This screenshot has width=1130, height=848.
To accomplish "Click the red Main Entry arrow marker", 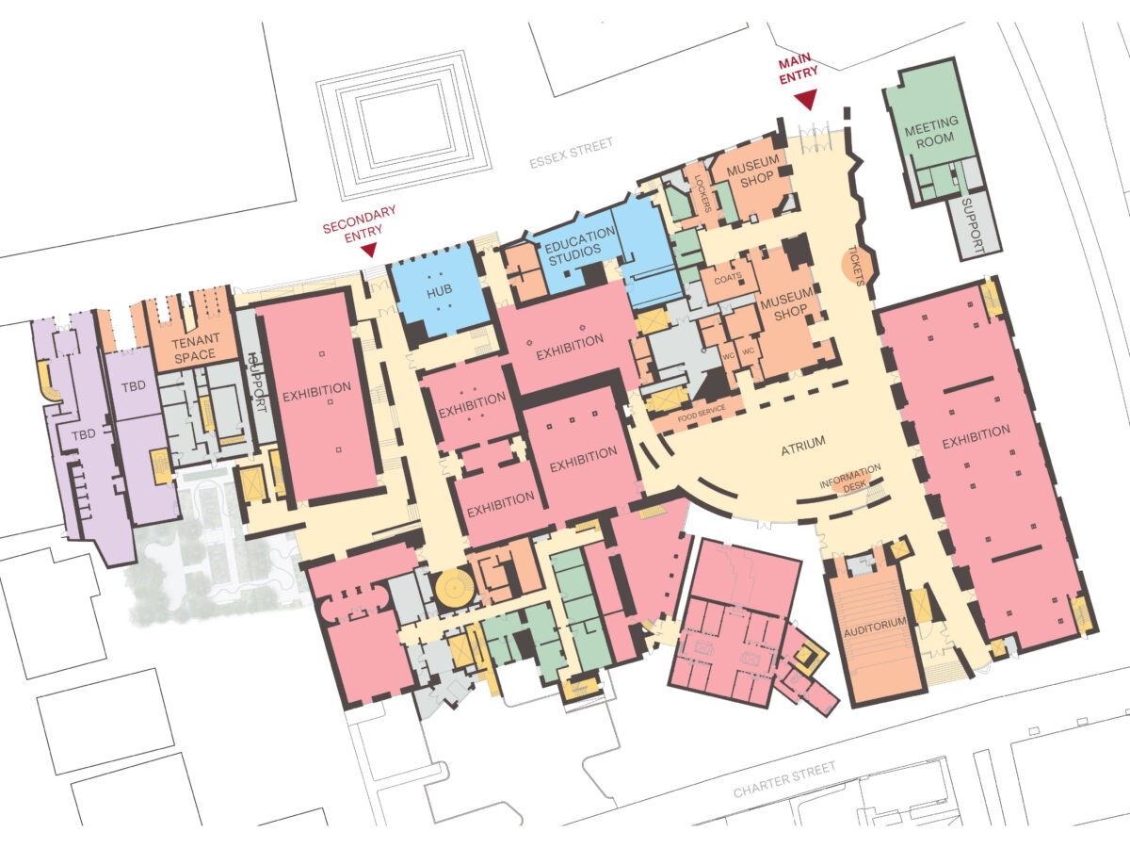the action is [x=806, y=100].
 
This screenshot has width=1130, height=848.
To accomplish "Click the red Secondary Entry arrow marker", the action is [x=368, y=251].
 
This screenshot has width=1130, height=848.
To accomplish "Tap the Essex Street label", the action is [x=571, y=153].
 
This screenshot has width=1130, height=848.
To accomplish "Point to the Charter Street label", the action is [x=784, y=780].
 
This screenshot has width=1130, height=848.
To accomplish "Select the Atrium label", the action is [x=803, y=446].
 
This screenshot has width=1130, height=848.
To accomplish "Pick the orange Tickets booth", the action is [x=857, y=265].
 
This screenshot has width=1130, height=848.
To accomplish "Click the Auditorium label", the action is [x=875, y=628].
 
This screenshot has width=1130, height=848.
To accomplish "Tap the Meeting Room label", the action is [x=932, y=132].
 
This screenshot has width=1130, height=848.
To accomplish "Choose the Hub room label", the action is [x=439, y=292].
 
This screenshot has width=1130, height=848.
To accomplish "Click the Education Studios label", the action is [x=580, y=246].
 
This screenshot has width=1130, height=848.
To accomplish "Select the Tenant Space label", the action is [x=195, y=348].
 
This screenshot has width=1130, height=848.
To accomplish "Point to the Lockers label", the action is [x=702, y=194].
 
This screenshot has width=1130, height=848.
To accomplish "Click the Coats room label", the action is [x=727, y=279].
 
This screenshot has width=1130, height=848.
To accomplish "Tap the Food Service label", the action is [x=702, y=414].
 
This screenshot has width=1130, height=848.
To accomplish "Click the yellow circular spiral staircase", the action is [x=455, y=586].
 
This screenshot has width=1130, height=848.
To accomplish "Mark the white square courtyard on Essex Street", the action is [x=403, y=124].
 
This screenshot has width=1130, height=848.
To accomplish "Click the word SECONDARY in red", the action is [x=359, y=220].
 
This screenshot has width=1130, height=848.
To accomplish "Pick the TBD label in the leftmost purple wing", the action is [x=84, y=434].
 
